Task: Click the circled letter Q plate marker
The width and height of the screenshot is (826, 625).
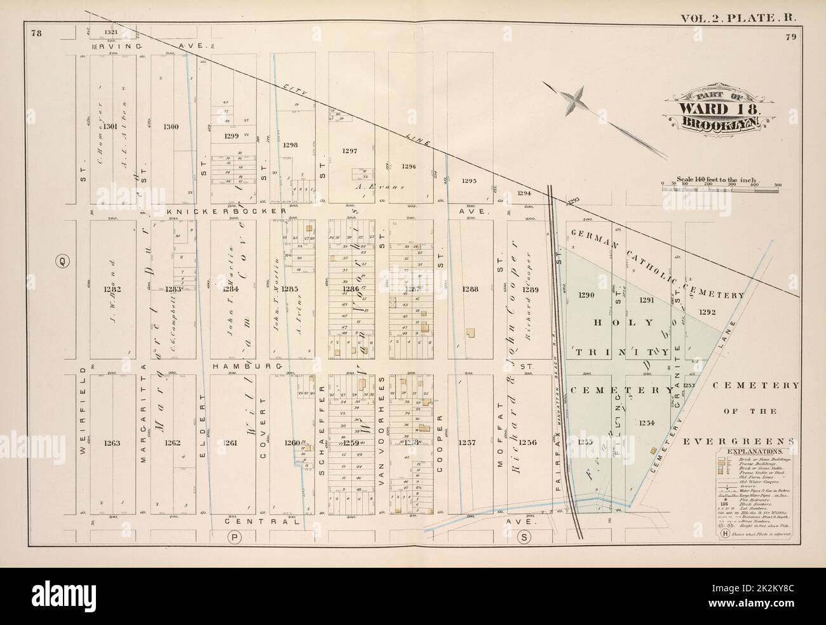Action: point(62,260)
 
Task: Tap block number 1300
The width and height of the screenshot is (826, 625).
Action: point(170,127)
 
